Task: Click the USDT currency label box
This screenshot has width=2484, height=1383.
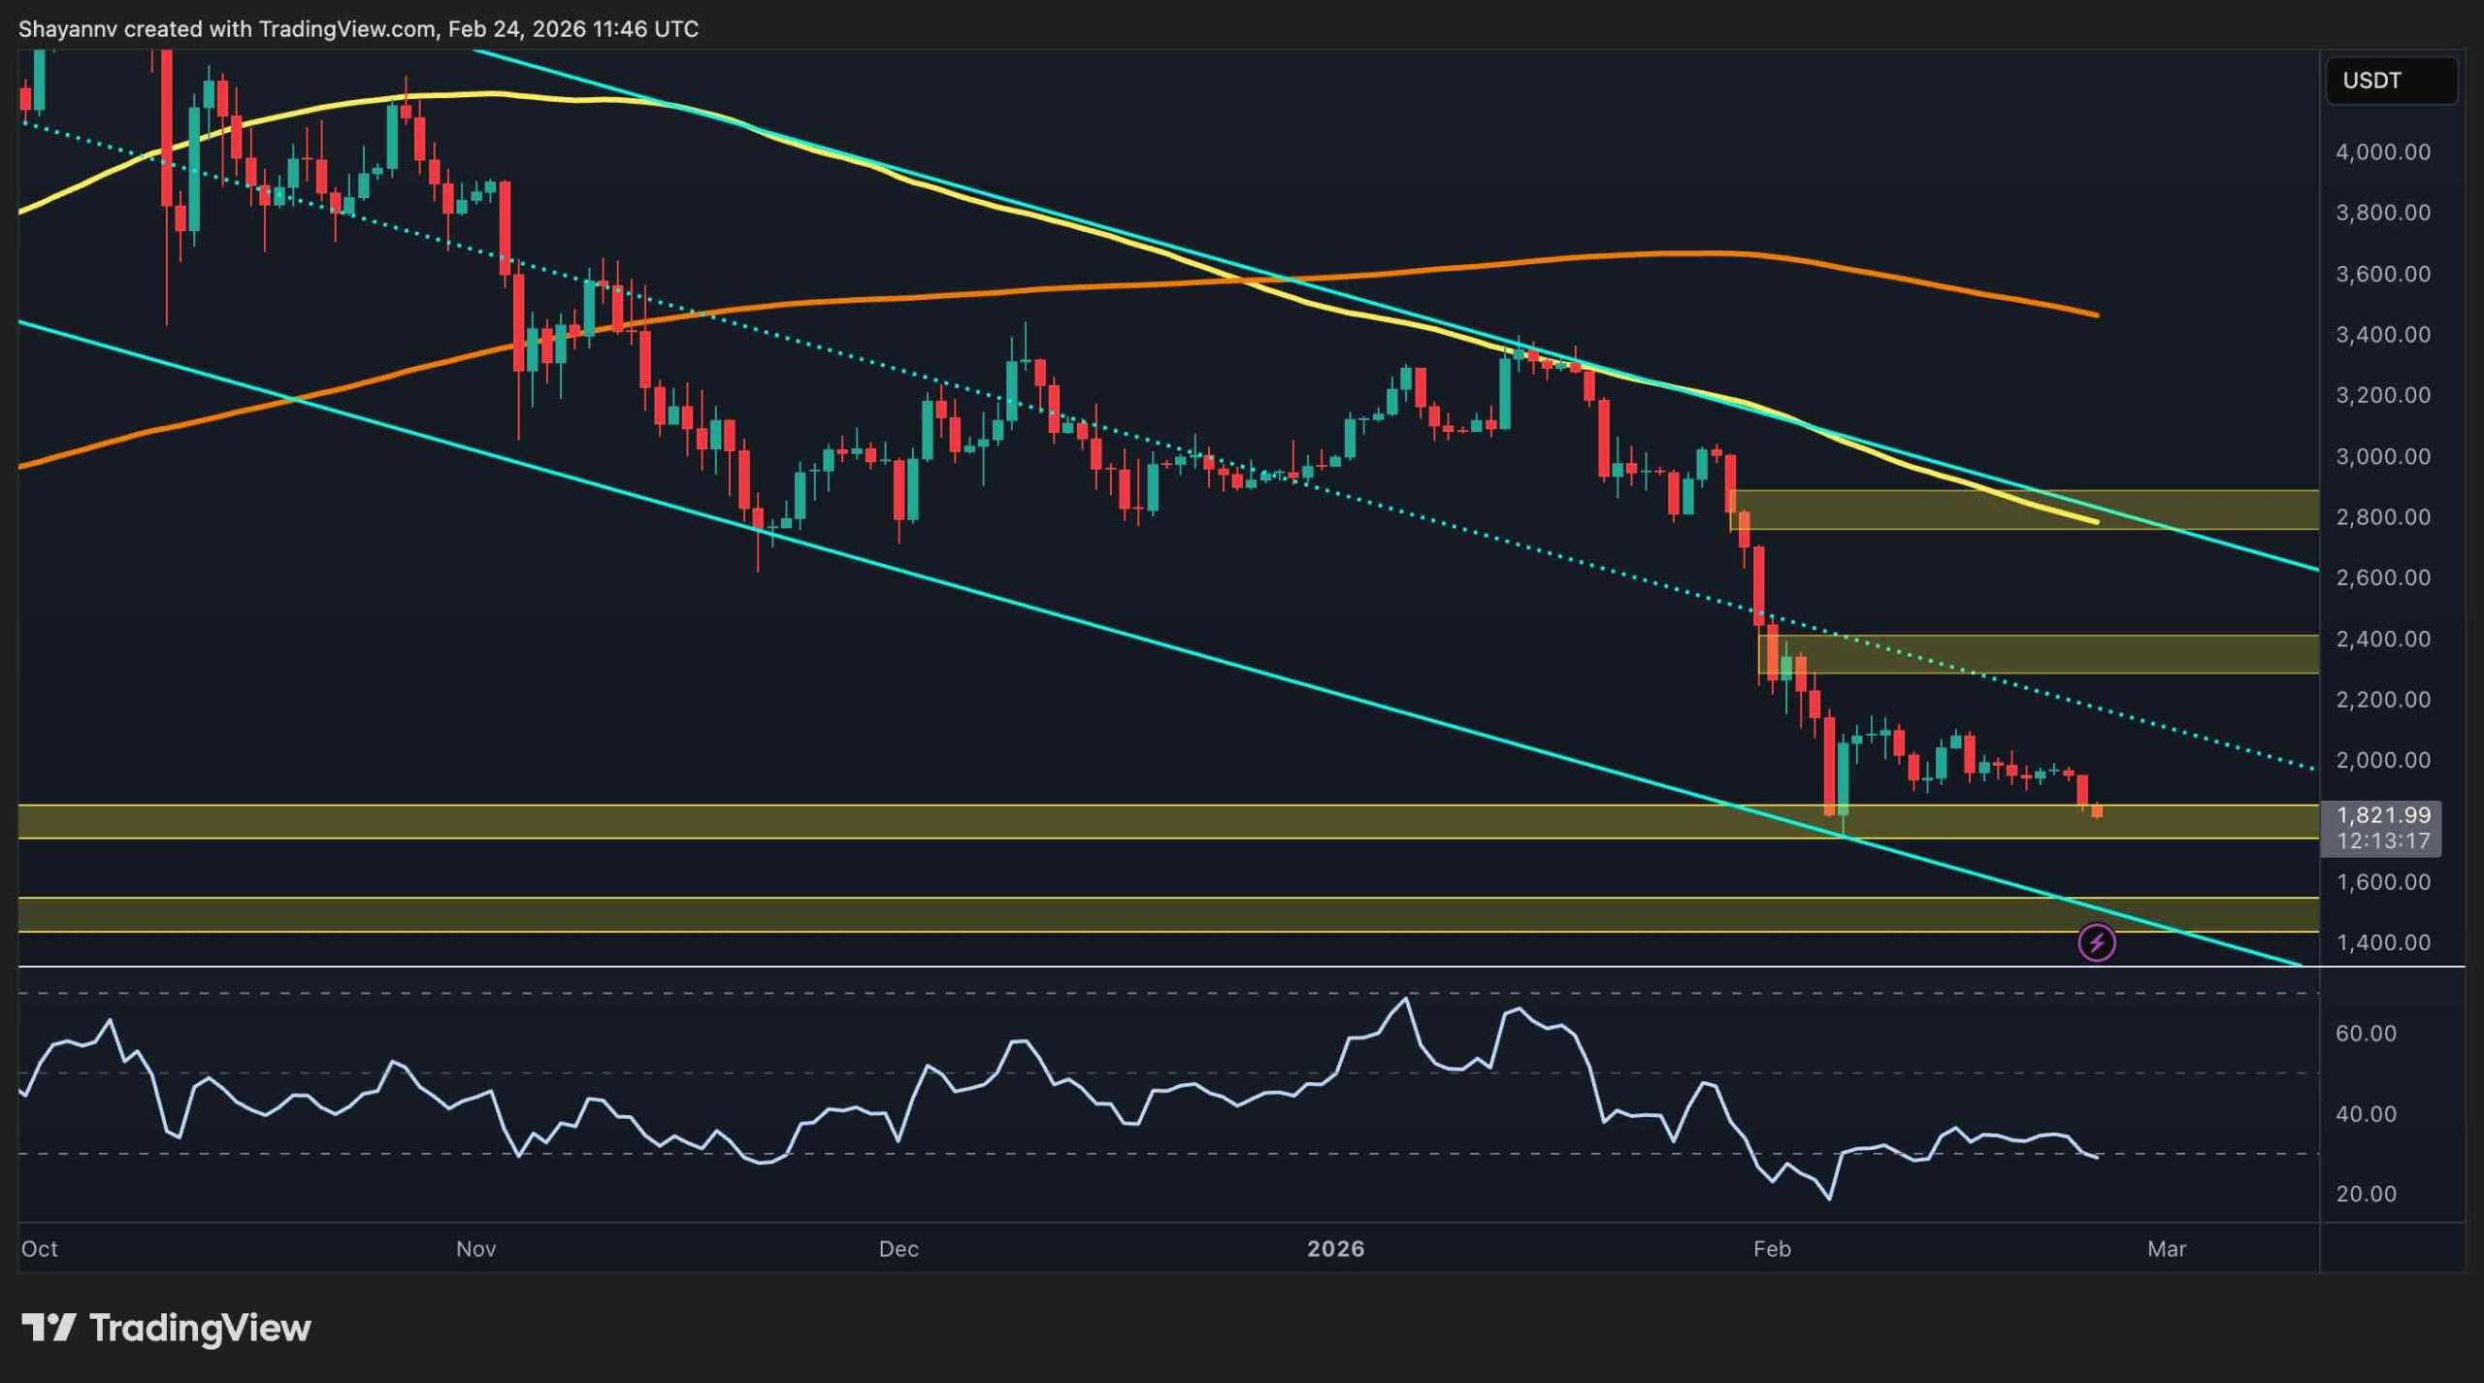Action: (x=2391, y=81)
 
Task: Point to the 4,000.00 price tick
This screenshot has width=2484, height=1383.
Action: (x=2382, y=152)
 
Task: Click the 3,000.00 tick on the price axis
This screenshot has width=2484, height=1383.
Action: (x=2382, y=456)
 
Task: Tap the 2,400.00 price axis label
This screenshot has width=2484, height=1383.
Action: (x=2382, y=639)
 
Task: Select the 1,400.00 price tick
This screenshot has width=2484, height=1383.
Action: (x=2382, y=942)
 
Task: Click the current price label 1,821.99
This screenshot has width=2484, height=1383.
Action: (x=2382, y=815)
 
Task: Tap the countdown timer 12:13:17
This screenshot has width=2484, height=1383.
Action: (x=2382, y=840)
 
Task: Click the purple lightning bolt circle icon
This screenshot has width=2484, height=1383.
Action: (x=2096, y=942)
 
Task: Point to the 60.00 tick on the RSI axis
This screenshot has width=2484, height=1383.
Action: (x=2366, y=1034)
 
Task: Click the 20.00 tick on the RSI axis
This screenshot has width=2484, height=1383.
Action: (x=2366, y=1194)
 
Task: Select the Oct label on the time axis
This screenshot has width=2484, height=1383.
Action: (x=40, y=1249)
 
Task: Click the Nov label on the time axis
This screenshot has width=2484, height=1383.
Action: (x=475, y=1249)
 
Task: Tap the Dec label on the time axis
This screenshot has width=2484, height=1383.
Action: (x=899, y=1249)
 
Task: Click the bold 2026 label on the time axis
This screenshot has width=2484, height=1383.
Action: (x=1335, y=1249)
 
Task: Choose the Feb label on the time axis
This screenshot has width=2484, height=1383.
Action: (x=1772, y=1249)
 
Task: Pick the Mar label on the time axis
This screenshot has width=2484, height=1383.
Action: (x=2166, y=1249)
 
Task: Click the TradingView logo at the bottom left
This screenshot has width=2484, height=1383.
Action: (x=166, y=1328)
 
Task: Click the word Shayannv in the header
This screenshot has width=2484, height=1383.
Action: (x=68, y=29)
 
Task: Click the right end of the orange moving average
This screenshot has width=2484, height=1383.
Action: (x=2096, y=314)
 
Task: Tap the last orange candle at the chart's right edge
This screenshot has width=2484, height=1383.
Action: (x=2097, y=810)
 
